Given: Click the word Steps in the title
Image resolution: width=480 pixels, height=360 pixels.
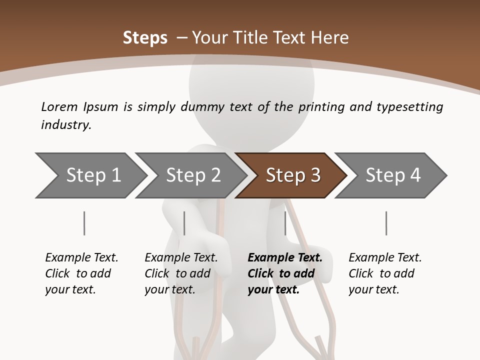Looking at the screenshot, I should coord(145,38).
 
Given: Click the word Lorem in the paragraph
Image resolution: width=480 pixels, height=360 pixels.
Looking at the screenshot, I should coord(59,106).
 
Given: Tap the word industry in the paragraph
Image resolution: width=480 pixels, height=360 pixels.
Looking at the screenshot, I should coord(66,125).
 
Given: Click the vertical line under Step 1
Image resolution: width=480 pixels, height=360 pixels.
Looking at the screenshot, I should coord(84,223).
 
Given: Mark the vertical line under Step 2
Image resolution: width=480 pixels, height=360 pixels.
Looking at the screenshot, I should coord(184,223).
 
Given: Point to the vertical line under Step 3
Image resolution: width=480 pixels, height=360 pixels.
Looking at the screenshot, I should coord(285,223).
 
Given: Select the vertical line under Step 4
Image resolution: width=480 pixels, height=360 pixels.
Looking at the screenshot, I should coord(386,223).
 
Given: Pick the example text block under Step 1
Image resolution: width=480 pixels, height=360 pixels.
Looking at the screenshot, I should coord(81,273).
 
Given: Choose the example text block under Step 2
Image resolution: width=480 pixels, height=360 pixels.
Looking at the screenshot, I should coord(181,273).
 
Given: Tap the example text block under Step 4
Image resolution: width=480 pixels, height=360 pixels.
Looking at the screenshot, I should coord(385,273).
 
